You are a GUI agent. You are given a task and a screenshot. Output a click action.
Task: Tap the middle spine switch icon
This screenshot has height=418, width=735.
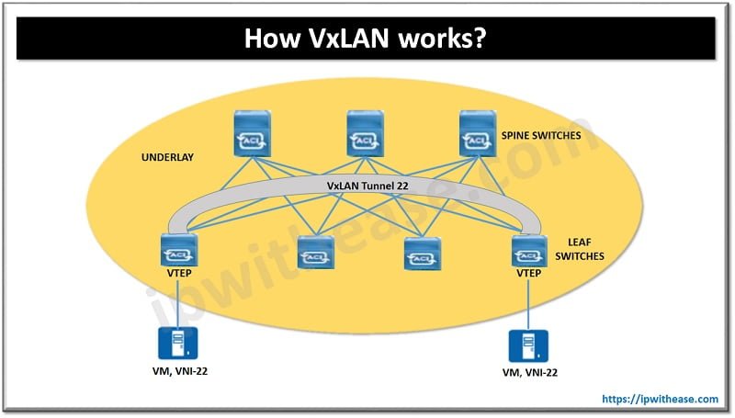click(365, 133)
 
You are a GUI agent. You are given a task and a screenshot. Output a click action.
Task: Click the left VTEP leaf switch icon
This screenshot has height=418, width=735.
click(175, 249)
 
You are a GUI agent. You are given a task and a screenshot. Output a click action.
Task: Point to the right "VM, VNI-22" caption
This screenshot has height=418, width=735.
click(527, 373)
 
